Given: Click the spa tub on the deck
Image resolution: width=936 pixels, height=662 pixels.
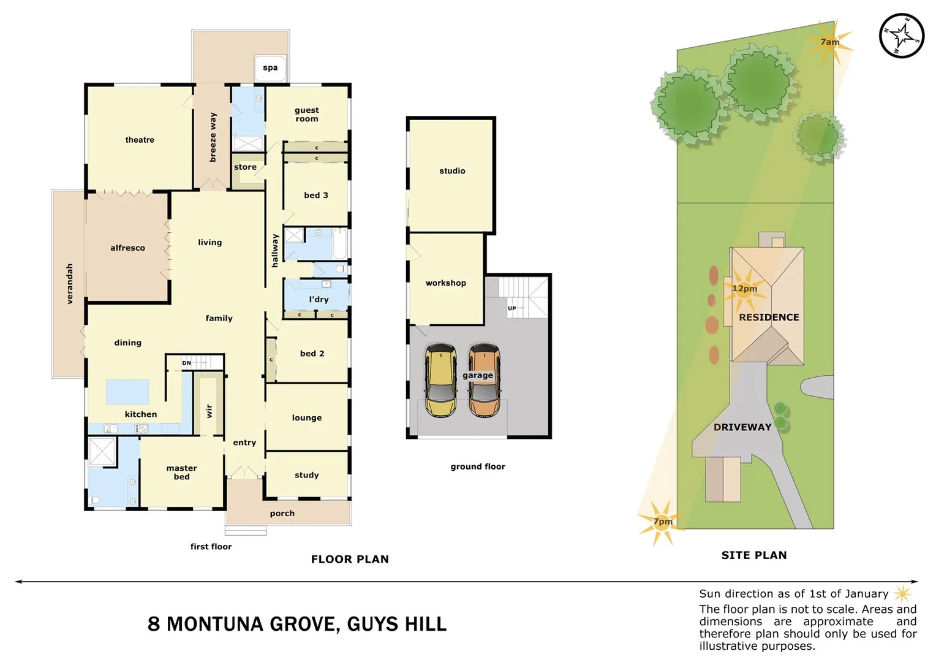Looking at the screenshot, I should click(x=270, y=68).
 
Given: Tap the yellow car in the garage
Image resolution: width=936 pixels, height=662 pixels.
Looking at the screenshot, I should click(x=441, y=380).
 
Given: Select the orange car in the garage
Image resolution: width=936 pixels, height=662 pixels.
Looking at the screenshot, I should click(x=485, y=380).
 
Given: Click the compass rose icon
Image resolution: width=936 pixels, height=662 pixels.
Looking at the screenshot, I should click(x=901, y=36).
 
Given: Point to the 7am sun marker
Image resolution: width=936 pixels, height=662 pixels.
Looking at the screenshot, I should click(x=830, y=42).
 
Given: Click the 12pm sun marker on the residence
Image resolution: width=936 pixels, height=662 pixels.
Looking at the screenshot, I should click(x=744, y=289).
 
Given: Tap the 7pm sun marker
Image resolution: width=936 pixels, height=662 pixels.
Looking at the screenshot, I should click(x=662, y=522).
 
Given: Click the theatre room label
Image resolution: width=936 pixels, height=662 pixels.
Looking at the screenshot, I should click(x=140, y=140).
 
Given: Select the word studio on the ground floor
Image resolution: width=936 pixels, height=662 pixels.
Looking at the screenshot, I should click(x=452, y=171).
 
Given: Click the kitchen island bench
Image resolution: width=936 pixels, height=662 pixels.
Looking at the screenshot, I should click(x=127, y=392).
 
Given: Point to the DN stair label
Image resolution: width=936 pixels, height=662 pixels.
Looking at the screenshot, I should click(x=186, y=363).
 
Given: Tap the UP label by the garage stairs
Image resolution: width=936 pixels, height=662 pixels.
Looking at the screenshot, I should click(x=511, y=308).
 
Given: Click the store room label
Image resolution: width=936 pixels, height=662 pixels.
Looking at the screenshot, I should click(x=245, y=167).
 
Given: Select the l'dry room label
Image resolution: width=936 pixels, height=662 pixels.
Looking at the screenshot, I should click(x=319, y=299).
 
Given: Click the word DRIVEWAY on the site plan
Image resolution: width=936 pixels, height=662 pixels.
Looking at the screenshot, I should click(x=742, y=427).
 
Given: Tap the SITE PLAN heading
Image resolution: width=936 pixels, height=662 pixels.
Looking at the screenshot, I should click(x=753, y=555).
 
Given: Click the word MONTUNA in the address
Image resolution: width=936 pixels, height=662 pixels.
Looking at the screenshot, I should click(x=252, y=624).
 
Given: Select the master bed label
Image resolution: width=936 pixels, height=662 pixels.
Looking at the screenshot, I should click(x=181, y=472).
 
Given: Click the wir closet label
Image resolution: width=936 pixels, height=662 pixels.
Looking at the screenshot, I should click(x=209, y=411).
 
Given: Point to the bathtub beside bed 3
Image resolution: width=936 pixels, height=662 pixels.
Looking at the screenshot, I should click(x=340, y=244).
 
